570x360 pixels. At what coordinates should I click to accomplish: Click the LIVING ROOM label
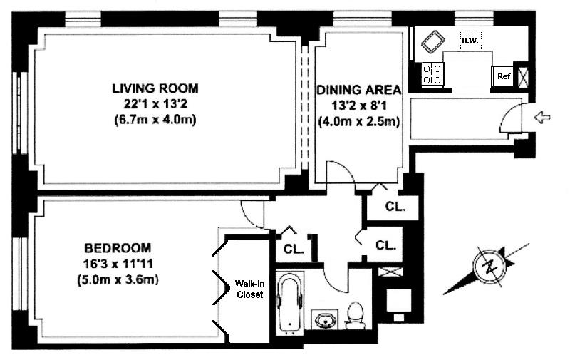click(x=155, y=88)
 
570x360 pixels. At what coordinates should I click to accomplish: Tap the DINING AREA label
click(x=359, y=89)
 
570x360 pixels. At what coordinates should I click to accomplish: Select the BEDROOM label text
click(x=118, y=248)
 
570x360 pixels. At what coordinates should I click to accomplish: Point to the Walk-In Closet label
click(x=249, y=289)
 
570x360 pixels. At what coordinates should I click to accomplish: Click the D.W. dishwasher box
click(x=470, y=41)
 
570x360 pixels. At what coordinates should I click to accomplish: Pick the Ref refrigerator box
click(x=504, y=76)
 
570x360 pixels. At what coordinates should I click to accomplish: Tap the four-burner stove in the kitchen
click(x=432, y=74)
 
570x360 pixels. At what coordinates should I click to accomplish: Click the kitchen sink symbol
click(x=433, y=43)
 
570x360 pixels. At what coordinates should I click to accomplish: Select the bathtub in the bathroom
click(x=290, y=302)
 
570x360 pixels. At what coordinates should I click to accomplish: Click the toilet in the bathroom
click(x=355, y=316)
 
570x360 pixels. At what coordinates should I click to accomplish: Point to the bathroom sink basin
click(x=324, y=320)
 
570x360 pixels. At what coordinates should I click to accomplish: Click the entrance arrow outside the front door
click(x=542, y=118)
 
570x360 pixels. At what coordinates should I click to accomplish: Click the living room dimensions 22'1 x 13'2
click(x=155, y=104)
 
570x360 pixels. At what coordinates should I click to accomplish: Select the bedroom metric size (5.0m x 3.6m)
click(x=118, y=280)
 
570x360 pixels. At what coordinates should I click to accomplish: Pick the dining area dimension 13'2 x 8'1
click(x=359, y=106)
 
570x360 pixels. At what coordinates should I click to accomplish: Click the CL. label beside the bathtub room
click(x=294, y=250)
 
